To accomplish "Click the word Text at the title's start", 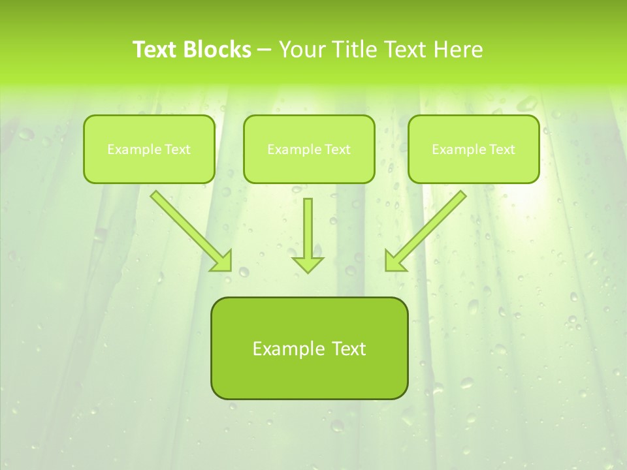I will click(157, 50).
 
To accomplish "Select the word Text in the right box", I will click(502, 149).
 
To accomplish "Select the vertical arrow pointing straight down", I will click(308, 228).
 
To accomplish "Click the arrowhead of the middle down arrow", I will click(308, 264).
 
